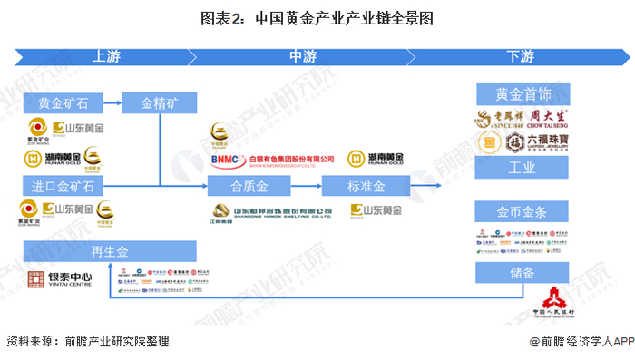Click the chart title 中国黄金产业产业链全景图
point(317,15)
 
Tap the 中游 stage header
point(303,56)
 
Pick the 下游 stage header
point(520,56)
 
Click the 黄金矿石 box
point(63,102)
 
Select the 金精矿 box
point(159,102)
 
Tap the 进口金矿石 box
point(63,187)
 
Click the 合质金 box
point(249,187)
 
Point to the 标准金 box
point(366,187)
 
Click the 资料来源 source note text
point(87,342)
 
